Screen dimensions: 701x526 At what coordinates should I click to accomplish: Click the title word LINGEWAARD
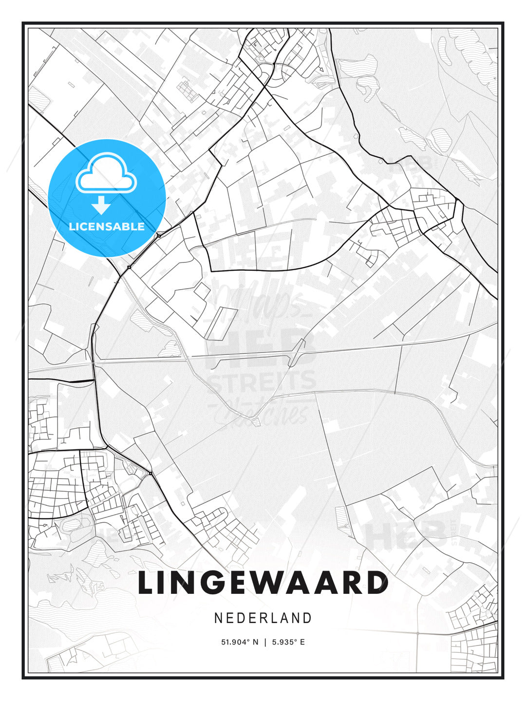click(x=263, y=583)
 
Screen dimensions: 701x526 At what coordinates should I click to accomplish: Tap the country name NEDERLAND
click(x=263, y=618)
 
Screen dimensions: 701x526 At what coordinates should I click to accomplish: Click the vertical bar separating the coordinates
click(x=265, y=642)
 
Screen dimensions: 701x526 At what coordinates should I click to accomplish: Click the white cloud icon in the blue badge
click(x=106, y=174)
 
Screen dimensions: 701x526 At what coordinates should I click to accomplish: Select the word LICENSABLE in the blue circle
click(x=107, y=226)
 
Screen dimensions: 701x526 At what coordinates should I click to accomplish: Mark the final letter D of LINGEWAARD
click(x=376, y=583)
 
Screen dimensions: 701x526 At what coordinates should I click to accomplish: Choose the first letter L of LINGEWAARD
click(x=147, y=583)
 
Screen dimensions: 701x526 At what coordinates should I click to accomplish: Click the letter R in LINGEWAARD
click(x=349, y=583)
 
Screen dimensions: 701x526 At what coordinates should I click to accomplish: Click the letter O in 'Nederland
click(x=263, y=618)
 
